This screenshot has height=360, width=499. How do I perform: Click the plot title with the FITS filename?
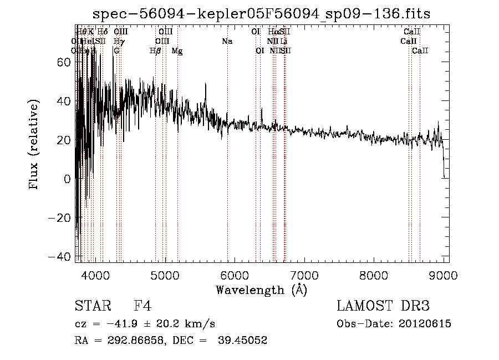262,13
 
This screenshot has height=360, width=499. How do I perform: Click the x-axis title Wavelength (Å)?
261,290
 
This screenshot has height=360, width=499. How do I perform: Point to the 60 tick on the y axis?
64,63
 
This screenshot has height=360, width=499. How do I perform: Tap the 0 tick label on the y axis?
68,179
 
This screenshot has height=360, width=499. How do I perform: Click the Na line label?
227,41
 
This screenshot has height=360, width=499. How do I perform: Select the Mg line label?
177,51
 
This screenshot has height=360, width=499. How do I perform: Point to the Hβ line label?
156,51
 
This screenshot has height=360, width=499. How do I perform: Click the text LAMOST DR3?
383,306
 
